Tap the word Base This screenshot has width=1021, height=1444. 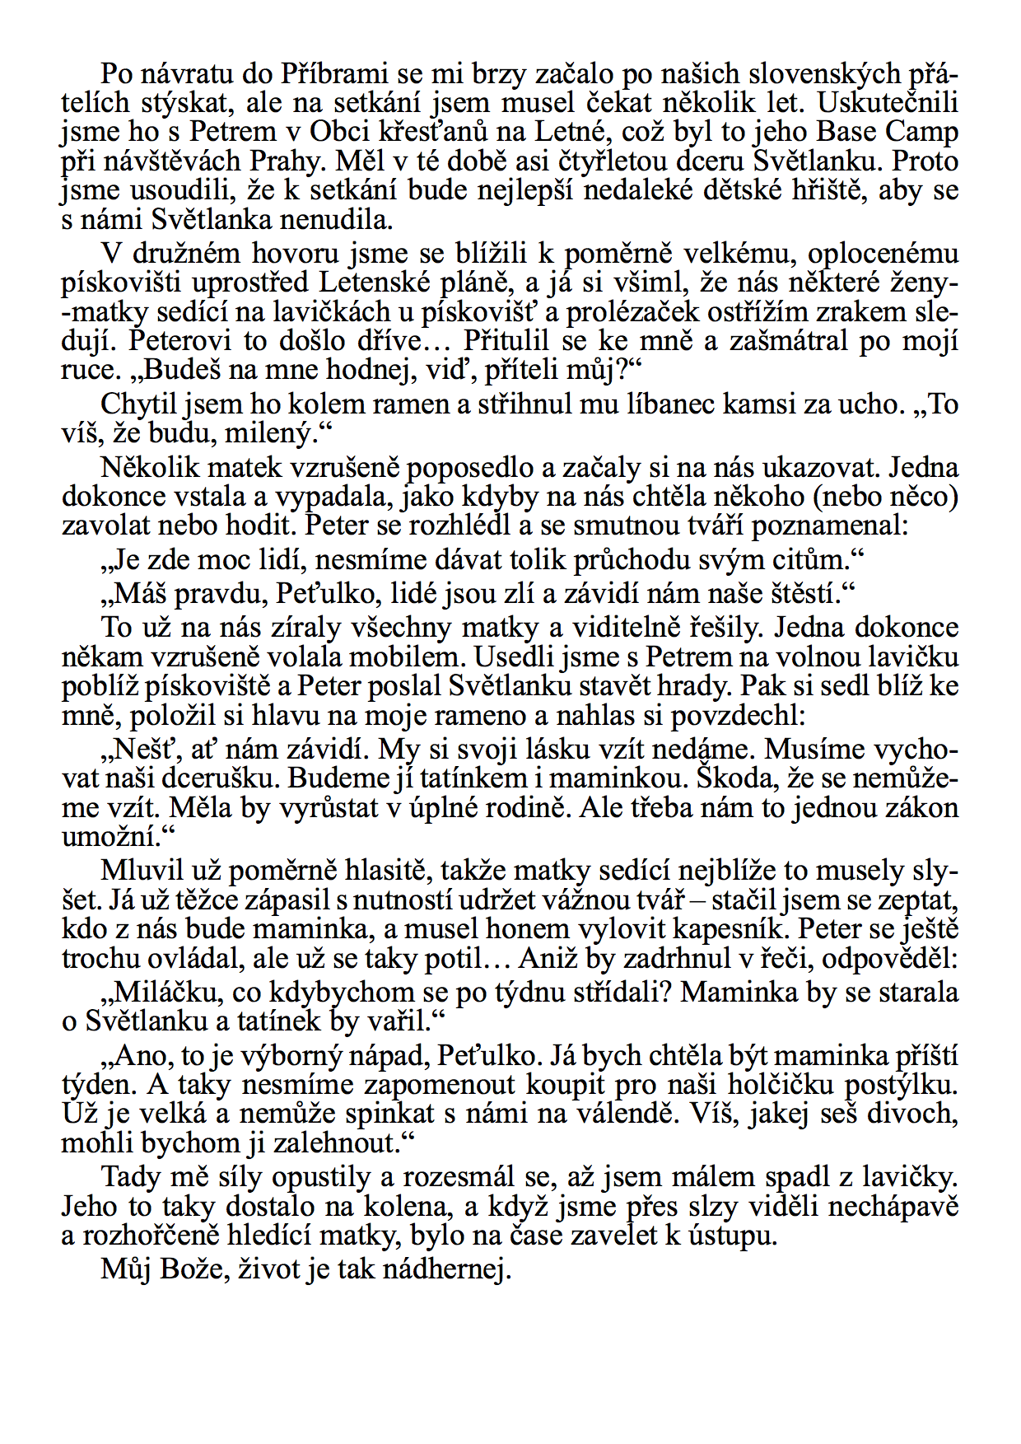pos(847,132)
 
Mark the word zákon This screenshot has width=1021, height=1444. pos(917,807)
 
